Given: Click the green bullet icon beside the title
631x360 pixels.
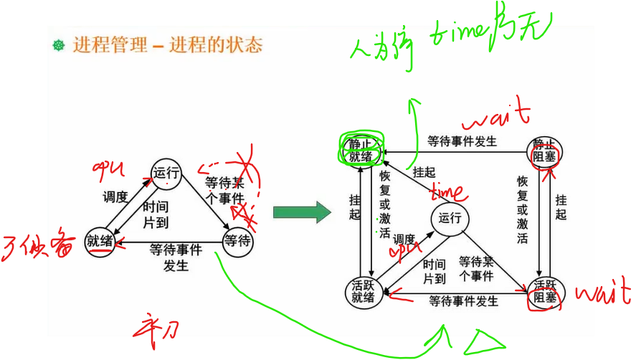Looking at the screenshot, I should pos(59,46).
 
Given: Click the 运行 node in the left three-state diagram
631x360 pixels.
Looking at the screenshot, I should pos(166,172).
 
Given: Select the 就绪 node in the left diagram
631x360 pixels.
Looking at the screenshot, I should pos(100,240).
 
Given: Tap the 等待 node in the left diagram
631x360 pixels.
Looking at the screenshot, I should pos(237,241).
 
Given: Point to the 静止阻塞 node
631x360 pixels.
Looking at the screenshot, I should pos(544,149).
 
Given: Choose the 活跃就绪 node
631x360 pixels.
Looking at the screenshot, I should pos(364,291).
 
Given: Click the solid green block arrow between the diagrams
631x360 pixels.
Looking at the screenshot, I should pos(301,212).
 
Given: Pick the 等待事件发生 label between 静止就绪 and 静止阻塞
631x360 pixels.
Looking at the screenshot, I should pos(462,141).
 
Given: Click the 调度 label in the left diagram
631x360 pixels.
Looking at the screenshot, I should pos(115,196).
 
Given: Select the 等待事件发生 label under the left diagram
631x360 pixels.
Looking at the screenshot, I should pos(175,257).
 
